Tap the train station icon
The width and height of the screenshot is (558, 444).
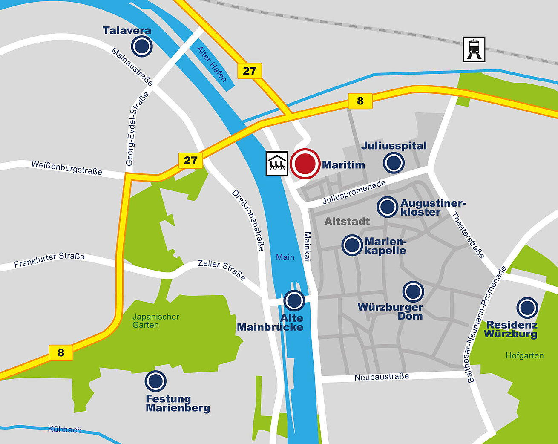tap(474, 49)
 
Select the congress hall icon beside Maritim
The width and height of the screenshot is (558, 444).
tap(277, 164)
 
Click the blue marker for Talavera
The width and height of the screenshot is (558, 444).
tap(142, 46)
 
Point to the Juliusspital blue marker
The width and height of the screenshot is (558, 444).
tap(394, 163)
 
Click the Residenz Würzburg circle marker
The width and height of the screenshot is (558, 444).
tap(527, 308)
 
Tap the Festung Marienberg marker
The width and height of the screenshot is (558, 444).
tap(155, 381)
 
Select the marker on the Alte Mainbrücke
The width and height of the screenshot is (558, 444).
tap(294, 300)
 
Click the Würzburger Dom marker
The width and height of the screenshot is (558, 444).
tap(413, 292)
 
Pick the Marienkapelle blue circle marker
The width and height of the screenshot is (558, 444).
tap(352, 245)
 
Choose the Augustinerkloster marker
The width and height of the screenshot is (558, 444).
tap(387, 207)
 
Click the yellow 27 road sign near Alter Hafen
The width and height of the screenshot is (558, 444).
tap(249, 71)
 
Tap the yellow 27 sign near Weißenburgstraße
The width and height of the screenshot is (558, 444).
tap(190, 160)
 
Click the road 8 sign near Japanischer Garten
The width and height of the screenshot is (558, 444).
tap(61, 352)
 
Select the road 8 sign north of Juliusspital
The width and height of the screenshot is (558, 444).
tap(360, 101)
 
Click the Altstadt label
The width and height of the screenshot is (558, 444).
tap(347, 221)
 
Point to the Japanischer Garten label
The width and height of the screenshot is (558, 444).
tap(155, 320)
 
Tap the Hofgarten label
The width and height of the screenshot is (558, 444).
tap(524, 355)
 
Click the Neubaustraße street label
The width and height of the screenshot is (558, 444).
tap(382, 377)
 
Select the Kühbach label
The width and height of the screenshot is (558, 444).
tap(65, 429)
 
